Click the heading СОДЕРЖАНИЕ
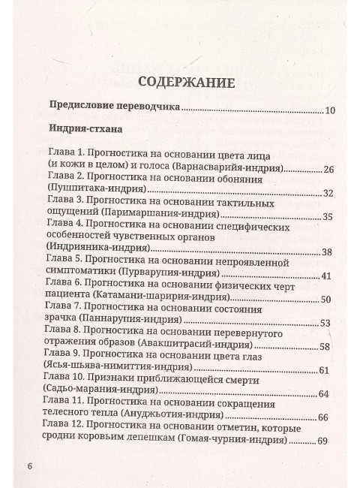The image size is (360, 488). coord(179,82)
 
